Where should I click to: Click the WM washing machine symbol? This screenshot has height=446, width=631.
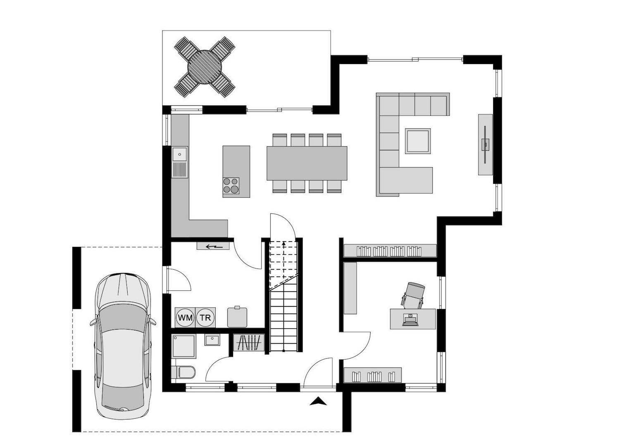(185, 318)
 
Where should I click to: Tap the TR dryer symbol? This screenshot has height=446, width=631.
(205, 318)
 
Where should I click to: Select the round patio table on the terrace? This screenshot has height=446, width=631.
(205, 67)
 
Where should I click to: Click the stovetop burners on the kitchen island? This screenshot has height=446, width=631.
(231, 185)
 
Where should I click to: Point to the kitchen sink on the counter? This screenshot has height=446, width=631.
(180, 154)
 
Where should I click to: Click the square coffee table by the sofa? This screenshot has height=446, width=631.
(418, 141)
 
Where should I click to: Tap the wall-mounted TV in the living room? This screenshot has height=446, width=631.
(486, 144)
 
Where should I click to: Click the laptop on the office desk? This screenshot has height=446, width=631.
(410, 320)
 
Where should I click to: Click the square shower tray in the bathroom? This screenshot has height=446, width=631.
(183, 346)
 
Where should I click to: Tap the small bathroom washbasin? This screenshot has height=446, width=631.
(212, 340)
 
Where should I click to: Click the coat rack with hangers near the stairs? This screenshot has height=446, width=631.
(249, 343)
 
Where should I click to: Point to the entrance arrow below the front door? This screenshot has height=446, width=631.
(318, 401)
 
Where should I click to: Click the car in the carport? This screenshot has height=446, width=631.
(123, 345)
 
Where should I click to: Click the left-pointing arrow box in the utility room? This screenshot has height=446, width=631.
(213, 247)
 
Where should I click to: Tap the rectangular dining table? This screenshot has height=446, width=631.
(307, 163)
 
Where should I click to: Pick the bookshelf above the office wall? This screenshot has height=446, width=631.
(390, 251)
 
